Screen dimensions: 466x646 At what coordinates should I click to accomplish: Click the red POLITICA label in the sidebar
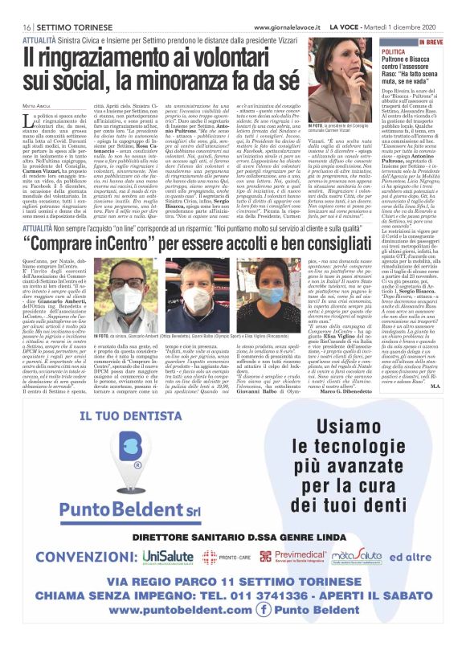coord(394,51)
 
